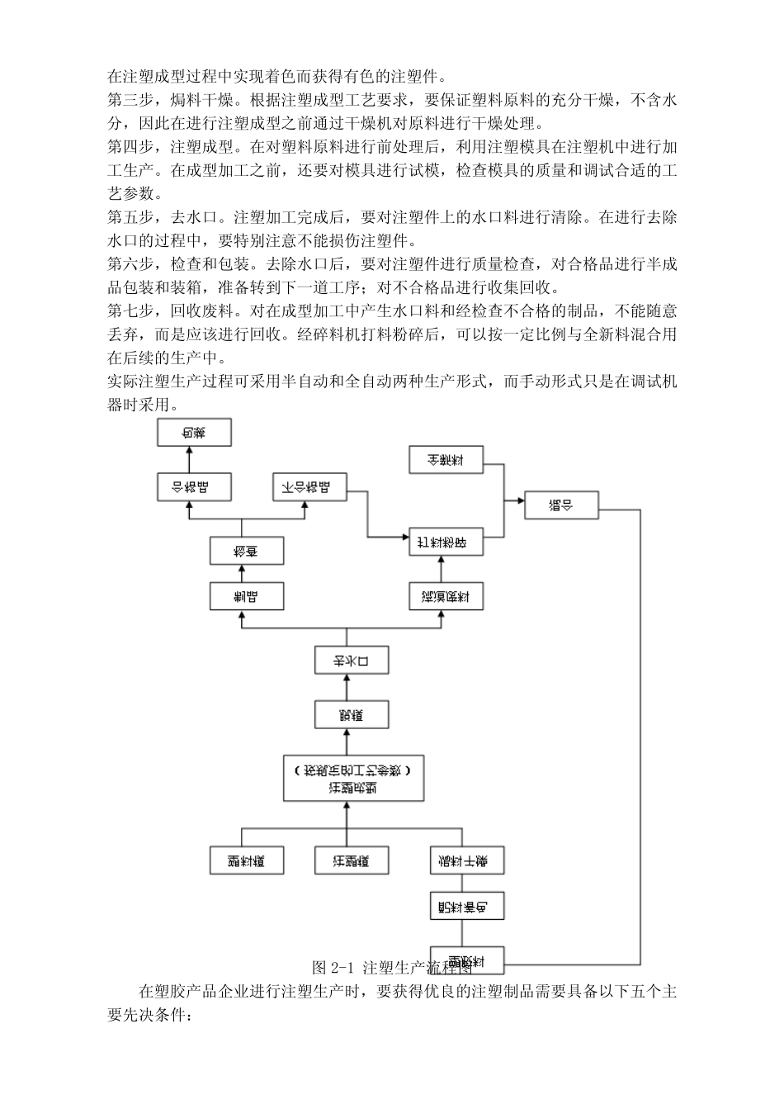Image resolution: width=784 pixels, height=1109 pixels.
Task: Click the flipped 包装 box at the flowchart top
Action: pyautogui.click(x=194, y=432)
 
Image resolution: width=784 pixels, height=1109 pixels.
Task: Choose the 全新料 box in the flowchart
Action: pyautogui.click(x=446, y=460)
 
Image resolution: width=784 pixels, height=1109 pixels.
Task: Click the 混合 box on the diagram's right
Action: pyautogui.click(x=561, y=505)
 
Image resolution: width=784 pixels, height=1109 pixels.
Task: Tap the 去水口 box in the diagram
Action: pyautogui.click(x=352, y=661)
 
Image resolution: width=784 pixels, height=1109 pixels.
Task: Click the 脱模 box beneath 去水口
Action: pyautogui.click(x=352, y=713)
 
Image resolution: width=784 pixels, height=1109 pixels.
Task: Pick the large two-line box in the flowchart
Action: pyautogui.click(x=354, y=778)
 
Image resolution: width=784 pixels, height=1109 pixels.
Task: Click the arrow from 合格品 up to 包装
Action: pyautogui.click(x=189, y=459)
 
